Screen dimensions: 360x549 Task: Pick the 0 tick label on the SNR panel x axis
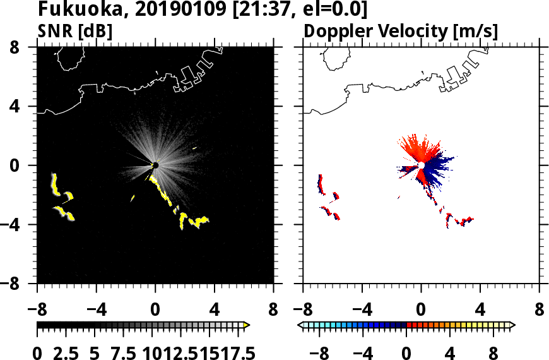pyautogui.click(x=155, y=310)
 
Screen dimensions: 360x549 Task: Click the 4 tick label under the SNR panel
pyautogui.click(x=215, y=310)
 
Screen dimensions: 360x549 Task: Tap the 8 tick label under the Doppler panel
pyautogui.click(x=540, y=310)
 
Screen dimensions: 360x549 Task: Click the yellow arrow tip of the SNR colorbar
pyautogui.click(x=246, y=325)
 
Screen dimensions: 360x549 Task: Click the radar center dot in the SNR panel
pyautogui.click(x=155, y=165)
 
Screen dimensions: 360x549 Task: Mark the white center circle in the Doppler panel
pyautogui.click(x=421, y=165)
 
